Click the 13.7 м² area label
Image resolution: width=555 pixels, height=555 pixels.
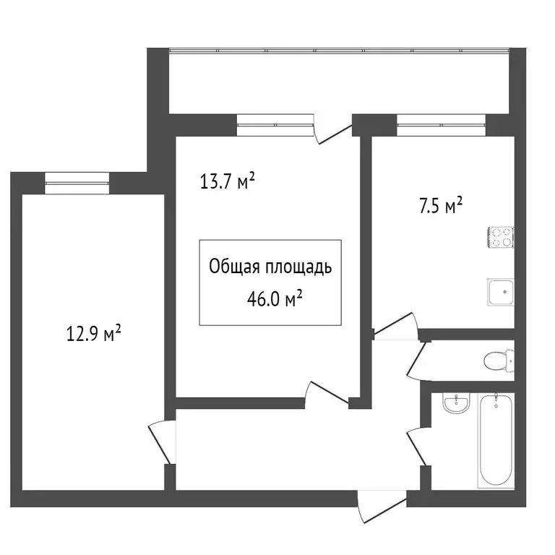point(228,181)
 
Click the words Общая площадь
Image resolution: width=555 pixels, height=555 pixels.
point(270,268)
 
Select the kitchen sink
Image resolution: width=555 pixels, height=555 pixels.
point(500,292)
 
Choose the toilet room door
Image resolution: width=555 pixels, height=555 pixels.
point(418,359)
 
